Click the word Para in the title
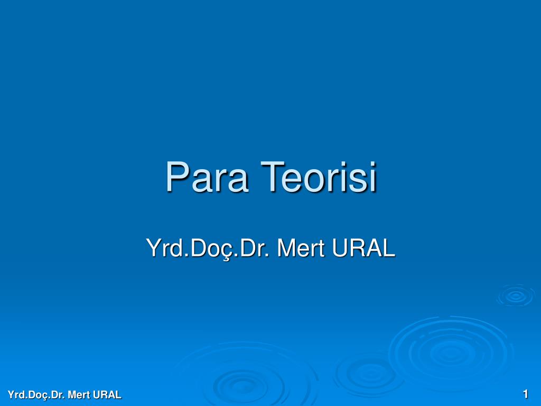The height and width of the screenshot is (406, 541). coord(207,177)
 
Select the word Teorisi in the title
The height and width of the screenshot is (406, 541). coord(319,177)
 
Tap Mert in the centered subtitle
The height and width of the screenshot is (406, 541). coord(301,247)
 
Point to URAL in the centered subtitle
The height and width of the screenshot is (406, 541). coord(363,247)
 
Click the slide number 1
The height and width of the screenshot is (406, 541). coord(526,394)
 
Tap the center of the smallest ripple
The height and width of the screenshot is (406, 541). coord(516,296)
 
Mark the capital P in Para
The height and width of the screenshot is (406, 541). coord(177,177)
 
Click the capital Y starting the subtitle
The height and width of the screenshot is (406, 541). coord(154,247)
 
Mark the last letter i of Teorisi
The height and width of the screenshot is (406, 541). coord(373,177)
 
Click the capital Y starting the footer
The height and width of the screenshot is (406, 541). coord(11,394)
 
